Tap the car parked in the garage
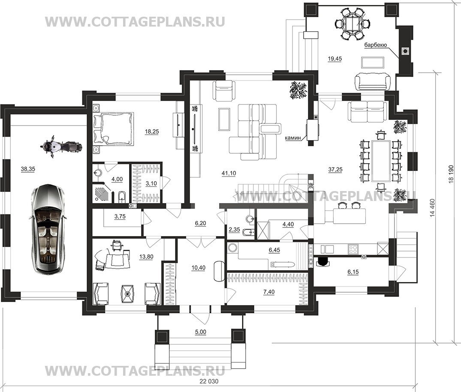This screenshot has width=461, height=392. (x=47, y=229)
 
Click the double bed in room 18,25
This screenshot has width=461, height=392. (x=114, y=129)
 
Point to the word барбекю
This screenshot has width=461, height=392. (x=375, y=45)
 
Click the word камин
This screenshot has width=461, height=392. (x=293, y=138)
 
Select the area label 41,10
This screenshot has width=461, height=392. (x=229, y=173)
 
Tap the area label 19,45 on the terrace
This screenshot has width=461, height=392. (x=335, y=59)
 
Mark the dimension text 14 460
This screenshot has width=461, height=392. (x=432, y=208)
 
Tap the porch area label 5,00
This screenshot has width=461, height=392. (x=201, y=332)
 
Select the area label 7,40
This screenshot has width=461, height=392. (x=269, y=292)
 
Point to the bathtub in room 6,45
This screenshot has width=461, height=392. (x=282, y=264)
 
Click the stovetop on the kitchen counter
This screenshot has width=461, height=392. (x=353, y=249)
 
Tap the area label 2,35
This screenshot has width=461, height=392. (x=234, y=230)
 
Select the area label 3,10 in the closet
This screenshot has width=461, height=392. (x=151, y=183)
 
